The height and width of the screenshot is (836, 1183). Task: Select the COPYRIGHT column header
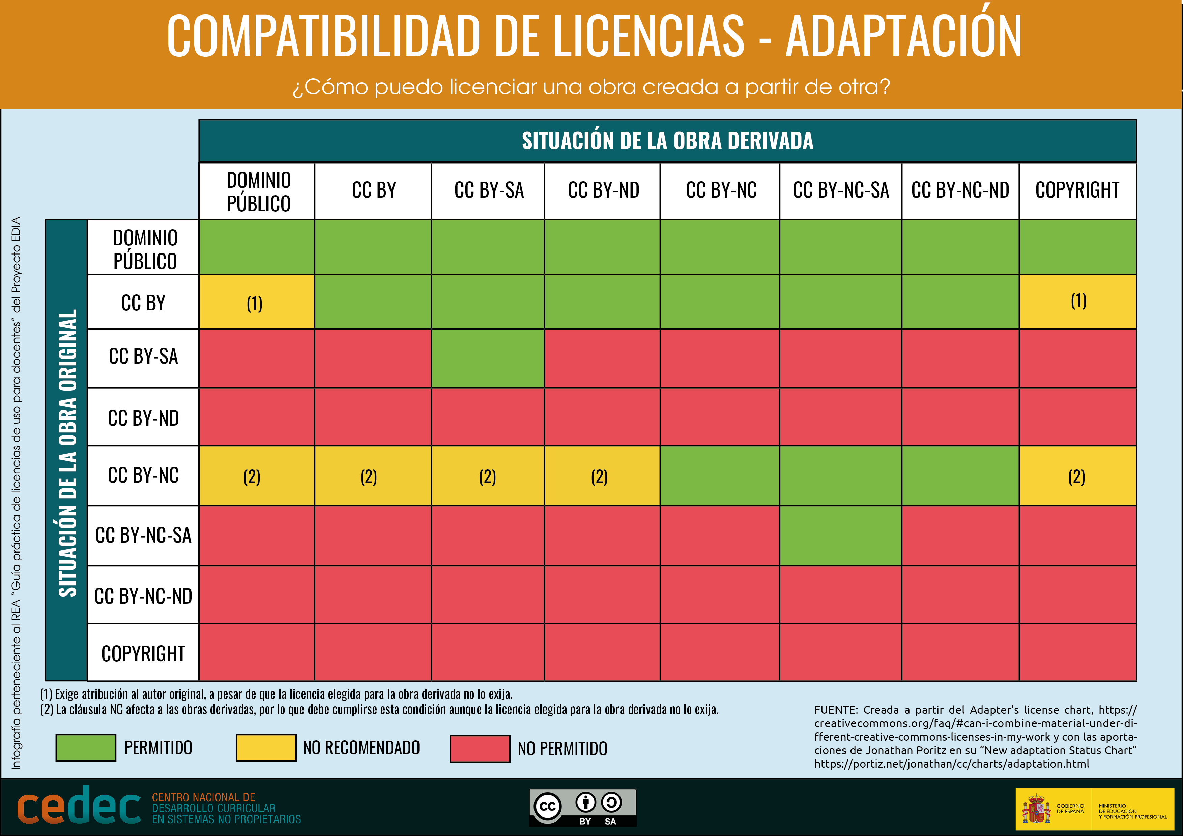tap(1077, 190)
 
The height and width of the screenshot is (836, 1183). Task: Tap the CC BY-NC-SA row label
tap(143, 536)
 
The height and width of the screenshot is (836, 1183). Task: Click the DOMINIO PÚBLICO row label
tap(144, 249)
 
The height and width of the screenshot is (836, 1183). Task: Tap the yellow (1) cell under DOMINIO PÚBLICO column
tap(256, 303)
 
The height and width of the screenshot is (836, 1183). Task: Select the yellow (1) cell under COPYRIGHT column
tap(1077, 302)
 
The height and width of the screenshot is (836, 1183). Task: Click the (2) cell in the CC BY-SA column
tap(487, 476)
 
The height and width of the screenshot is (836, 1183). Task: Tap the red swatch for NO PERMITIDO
tap(480, 748)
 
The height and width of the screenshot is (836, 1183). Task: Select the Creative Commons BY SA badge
tap(583, 807)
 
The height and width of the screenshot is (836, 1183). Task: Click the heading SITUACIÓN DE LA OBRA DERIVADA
tap(667, 141)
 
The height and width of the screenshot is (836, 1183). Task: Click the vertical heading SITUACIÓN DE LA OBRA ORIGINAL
tap(67, 453)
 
